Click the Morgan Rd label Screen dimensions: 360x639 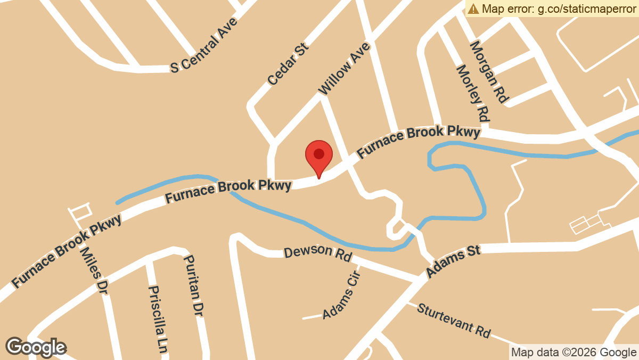pyautogui.click(x=489, y=71)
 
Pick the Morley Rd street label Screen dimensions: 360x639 pyautogui.click(x=473, y=93)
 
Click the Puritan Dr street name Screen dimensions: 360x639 pyautogui.click(x=193, y=284)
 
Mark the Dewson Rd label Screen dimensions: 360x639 pyautogui.click(x=318, y=253)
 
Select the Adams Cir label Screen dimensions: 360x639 pyautogui.click(x=342, y=295)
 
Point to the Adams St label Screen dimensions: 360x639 pyautogui.click(x=453, y=261)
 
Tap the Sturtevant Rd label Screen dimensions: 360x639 pyautogui.click(x=453, y=320)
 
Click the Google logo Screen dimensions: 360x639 pyautogui.click(x=36, y=347)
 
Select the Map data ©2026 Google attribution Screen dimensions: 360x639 pyautogui.click(x=574, y=352)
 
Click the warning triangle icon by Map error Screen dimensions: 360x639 pyautogui.click(x=473, y=9)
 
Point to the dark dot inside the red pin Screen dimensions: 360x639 pyautogui.click(x=318, y=154)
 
